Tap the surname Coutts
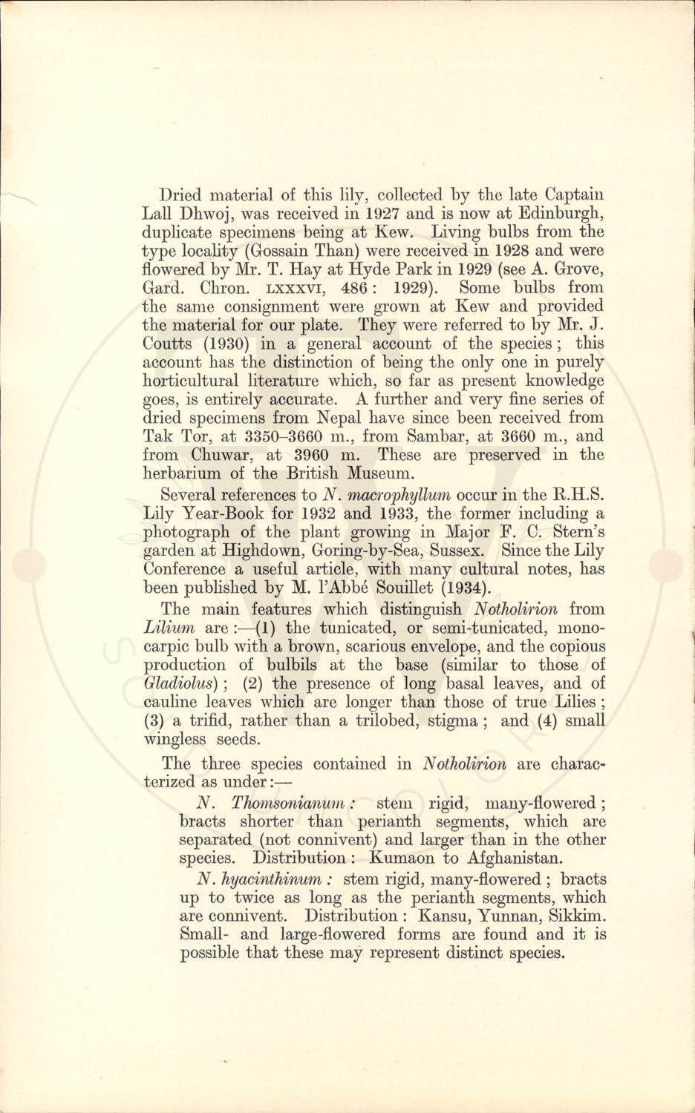pyautogui.click(x=168, y=344)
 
